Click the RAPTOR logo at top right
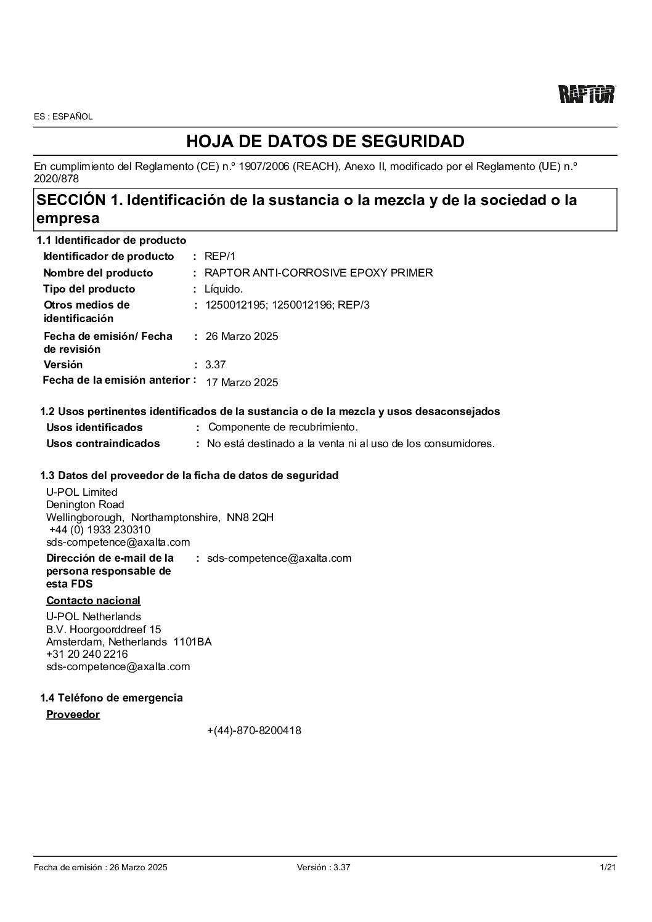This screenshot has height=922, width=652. coord(587,94)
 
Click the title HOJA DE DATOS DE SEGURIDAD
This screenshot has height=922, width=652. coord(325,142)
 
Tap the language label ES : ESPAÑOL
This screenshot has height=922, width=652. coord(63,116)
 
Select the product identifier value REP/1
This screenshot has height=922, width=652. coord(220,257)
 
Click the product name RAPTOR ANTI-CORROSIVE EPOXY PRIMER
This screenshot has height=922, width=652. coord(319,273)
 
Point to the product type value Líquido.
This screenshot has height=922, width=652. coord(224,289)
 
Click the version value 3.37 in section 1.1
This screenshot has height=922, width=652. coord(215,365)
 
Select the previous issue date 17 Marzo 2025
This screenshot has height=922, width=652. coord(242,382)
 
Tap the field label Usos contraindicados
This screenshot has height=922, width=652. coord(103,443)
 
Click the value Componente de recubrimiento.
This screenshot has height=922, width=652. coord(283,427)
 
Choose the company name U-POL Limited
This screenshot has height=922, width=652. coord(81,492)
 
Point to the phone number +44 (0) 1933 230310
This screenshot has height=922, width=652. coord(100,530)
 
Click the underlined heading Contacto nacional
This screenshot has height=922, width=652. coord(93,601)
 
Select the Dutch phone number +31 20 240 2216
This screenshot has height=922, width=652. coord(87,654)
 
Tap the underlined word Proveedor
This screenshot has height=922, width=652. coord(73,714)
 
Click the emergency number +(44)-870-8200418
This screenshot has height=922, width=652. coord(254,731)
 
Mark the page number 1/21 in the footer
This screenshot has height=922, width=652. coord(608,867)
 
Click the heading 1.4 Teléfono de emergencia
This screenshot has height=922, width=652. coord(112,698)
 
